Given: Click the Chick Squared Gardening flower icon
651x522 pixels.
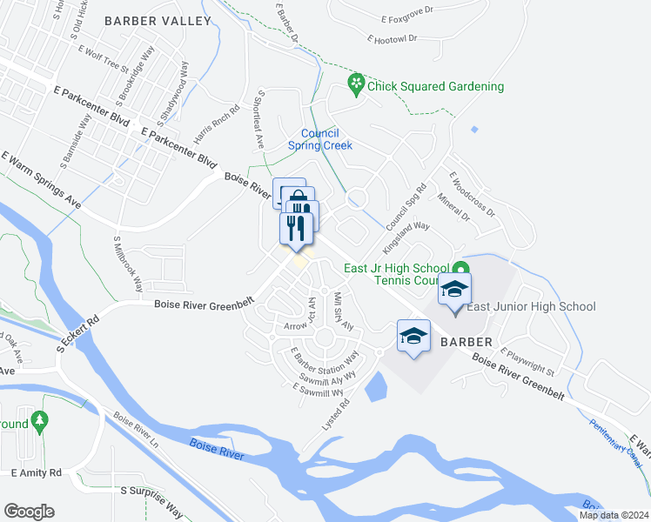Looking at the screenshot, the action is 355,84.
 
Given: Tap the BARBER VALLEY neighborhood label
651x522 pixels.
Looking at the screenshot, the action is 158,20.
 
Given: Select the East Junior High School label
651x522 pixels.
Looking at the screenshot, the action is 531,306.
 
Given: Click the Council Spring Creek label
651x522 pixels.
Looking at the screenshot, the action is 319,139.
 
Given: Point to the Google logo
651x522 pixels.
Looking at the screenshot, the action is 29,511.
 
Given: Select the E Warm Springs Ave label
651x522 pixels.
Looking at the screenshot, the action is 41,180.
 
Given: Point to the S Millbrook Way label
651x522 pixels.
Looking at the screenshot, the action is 128,264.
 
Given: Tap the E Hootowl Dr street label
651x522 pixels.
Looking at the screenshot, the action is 393,39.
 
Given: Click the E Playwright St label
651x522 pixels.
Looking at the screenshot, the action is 534,363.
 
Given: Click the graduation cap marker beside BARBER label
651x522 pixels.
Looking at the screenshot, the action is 413,337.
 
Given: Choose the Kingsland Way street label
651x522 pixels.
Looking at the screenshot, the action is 406,238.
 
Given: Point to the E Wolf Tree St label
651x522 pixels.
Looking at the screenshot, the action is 103,63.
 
